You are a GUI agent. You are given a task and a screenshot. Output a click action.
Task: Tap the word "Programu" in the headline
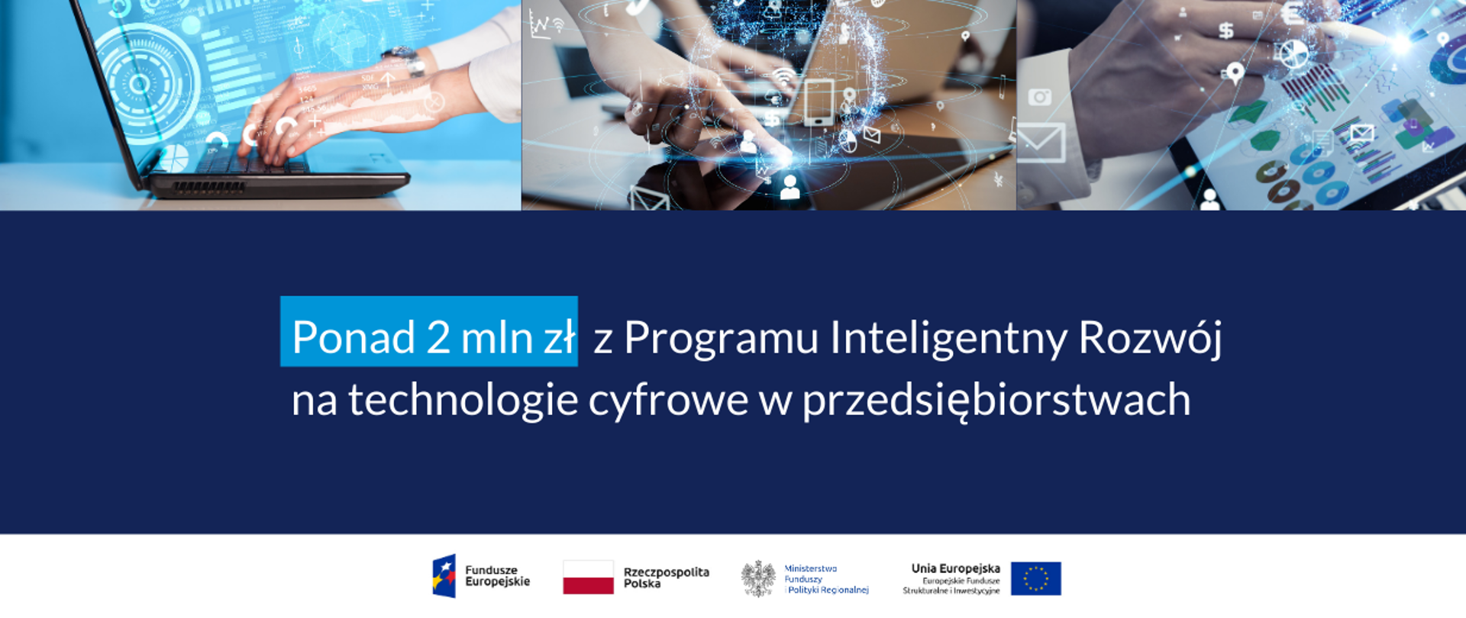pos(721,338)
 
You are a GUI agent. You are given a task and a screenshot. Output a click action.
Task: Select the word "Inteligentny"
pos(948,338)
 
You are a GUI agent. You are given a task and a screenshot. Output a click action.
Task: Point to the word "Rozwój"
pos(1150,338)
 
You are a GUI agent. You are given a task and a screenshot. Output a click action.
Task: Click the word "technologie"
pos(463,400)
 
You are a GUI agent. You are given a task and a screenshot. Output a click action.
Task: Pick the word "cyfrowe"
pos(668,401)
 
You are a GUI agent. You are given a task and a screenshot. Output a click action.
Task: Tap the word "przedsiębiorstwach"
pos(996,401)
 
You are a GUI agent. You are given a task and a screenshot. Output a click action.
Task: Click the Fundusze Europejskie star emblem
pos(444,576)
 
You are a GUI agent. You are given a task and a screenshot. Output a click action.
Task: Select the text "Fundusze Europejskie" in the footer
pos(497,576)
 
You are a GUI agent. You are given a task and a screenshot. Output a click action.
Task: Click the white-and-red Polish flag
pos(588,578)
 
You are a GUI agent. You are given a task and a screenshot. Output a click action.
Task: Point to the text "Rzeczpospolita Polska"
pos(666,578)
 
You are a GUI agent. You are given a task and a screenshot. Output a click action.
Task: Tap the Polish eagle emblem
pos(758,578)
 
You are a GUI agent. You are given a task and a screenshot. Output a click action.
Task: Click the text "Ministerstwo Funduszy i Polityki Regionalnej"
pos(826,579)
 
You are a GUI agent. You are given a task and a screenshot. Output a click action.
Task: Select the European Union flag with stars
pos(1035,578)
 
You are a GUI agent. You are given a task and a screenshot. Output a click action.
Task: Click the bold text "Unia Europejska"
pos(955,568)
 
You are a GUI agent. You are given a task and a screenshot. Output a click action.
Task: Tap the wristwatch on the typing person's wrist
pos(405,60)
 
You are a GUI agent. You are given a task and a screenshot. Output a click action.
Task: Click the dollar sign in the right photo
pos(1225,31)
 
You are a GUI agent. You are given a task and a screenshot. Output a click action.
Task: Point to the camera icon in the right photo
pos(1039,97)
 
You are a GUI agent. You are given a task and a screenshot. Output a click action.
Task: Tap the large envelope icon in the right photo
pos(1041,143)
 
